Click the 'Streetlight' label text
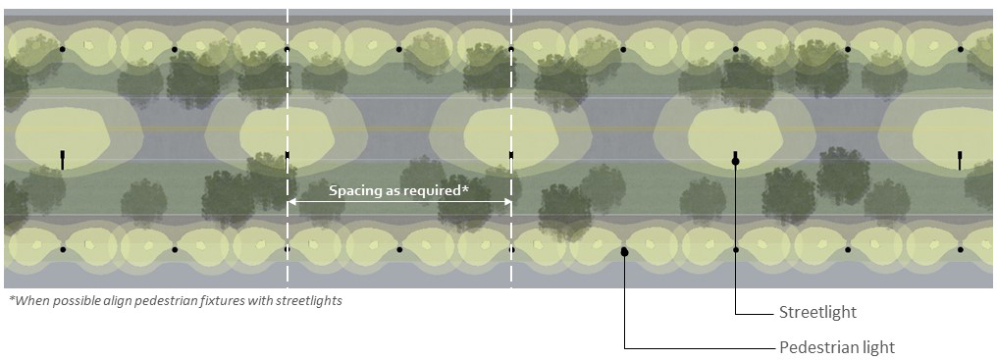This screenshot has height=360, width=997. coord(817,312)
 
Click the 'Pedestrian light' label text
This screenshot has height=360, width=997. coord(836,347)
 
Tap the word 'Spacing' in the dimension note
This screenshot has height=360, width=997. coord(355,190)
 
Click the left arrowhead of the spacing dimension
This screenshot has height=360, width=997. coord(292,202)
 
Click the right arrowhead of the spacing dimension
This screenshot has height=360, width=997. coord(506,202)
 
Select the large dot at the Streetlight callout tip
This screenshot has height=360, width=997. coord(736,161)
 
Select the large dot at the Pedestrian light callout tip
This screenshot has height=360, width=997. coord(624,253)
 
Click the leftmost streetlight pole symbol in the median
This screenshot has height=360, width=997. coord(62,159)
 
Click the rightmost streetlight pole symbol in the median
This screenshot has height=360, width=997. coord(960,159)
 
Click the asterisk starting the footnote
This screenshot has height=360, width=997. coord(11,299)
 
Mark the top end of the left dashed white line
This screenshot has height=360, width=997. coord(288,12)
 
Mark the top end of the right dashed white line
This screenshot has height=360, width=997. coord(511,12)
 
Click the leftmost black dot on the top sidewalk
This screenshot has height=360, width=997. coord(62,49)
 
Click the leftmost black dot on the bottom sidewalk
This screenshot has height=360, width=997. coord(62,250)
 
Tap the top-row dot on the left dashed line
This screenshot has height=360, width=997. coord(288,49)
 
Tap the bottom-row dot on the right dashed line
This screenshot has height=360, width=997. coord(511,250)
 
